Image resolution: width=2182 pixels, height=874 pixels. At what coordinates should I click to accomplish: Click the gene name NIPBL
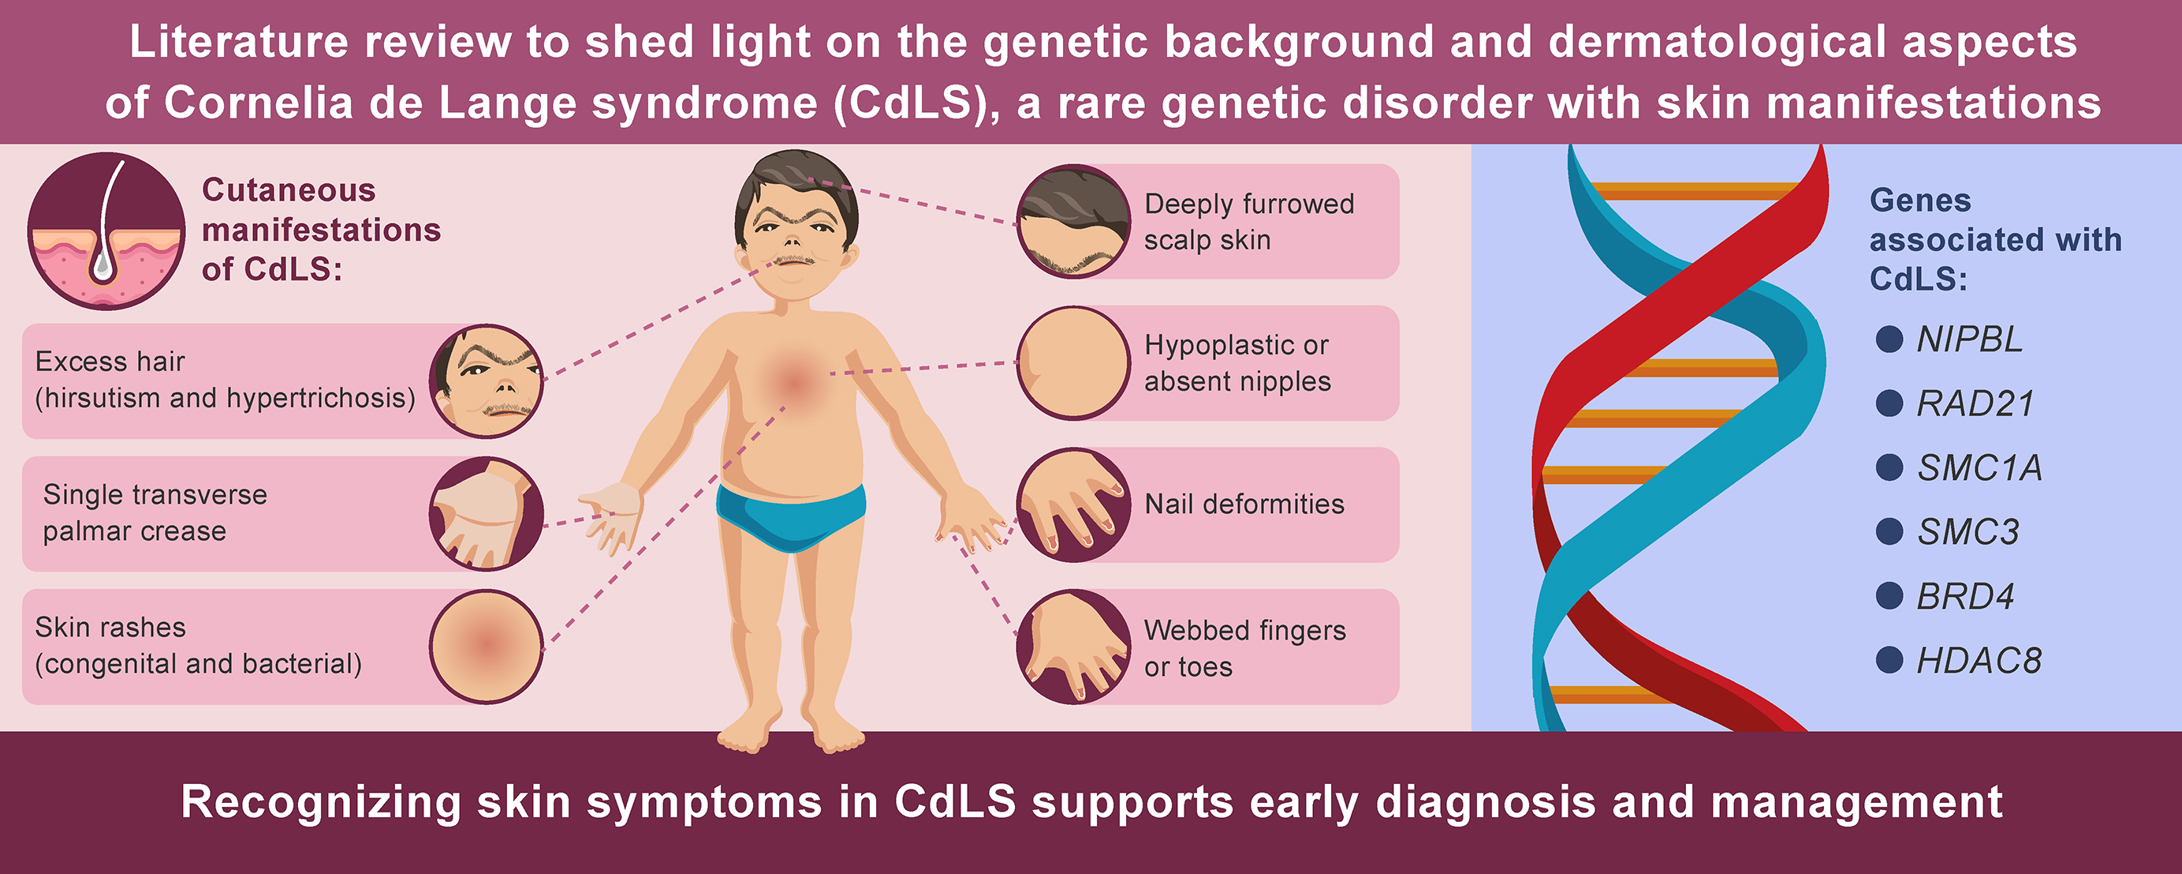coord(1969,339)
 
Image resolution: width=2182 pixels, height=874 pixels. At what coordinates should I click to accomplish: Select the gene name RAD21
coord(1975,403)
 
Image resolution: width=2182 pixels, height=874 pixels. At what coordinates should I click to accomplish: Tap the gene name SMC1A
coord(1979,468)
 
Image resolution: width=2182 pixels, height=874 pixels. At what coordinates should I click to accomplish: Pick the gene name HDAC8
coord(1979,660)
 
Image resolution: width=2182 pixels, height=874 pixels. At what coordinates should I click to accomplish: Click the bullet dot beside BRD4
coord(1889,596)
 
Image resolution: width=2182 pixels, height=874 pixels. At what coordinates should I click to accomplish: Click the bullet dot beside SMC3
coord(1889,531)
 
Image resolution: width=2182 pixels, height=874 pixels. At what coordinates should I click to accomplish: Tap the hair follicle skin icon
coord(106,231)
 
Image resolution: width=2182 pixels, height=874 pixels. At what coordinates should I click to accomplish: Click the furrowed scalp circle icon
coord(1073,221)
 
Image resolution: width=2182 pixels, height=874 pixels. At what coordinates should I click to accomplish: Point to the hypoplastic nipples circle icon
coord(1073,363)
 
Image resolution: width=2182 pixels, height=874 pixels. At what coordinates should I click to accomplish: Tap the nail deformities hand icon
coord(1073,505)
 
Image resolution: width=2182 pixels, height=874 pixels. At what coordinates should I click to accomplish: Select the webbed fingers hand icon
coord(1073,646)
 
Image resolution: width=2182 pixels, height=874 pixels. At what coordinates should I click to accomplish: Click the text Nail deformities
coord(1244,505)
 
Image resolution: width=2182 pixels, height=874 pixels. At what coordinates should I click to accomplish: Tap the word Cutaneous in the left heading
coord(289,190)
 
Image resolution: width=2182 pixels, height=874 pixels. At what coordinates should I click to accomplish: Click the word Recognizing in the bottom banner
coord(321,802)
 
